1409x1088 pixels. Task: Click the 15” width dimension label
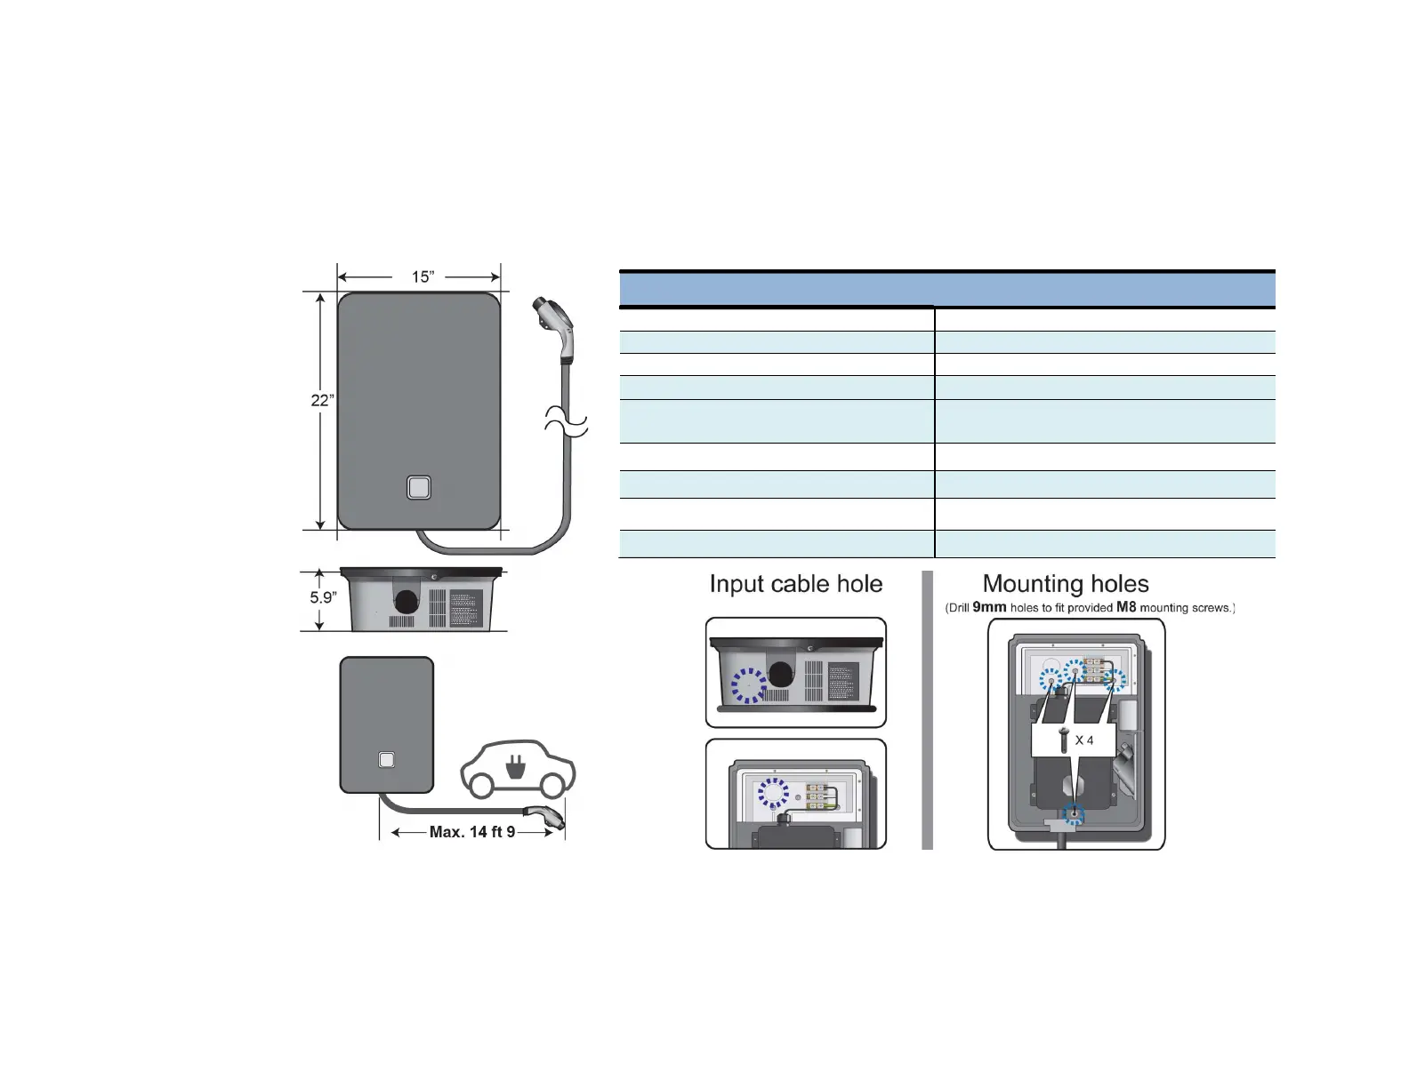point(422,276)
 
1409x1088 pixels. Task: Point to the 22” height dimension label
point(322,400)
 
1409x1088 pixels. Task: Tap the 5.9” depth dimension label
point(322,597)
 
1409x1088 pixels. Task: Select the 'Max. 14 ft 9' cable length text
point(472,832)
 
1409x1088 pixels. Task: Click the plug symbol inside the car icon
point(513,766)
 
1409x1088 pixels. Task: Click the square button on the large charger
point(419,488)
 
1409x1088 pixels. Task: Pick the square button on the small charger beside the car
point(386,760)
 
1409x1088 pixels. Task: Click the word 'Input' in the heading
point(739,584)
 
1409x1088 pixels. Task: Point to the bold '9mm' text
point(989,607)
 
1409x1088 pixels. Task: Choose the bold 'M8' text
point(1126,607)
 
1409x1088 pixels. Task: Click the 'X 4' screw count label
point(1084,740)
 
